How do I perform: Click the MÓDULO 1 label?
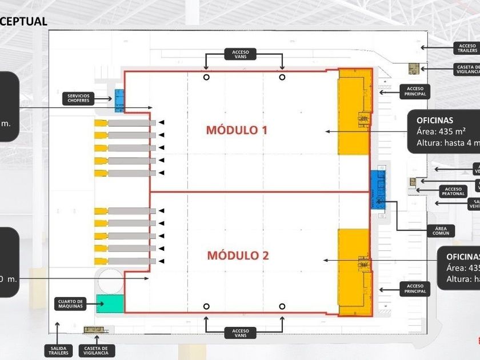tap(237, 130)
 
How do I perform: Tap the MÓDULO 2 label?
tap(238, 255)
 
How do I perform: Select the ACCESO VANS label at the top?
tap(241, 54)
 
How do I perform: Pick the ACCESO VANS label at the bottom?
tap(241, 333)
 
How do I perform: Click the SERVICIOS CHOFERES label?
tap(78, 98)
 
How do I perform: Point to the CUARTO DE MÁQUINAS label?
tap(71, 304)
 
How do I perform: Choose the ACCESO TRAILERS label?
tap(467, 48)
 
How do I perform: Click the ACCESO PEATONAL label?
tap(453, 191)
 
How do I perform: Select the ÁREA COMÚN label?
tap(442, 231)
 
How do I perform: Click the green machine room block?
tap(110, 303)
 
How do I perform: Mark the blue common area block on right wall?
tap(378, 189)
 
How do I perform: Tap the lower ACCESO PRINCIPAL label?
tap(415, 289)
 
